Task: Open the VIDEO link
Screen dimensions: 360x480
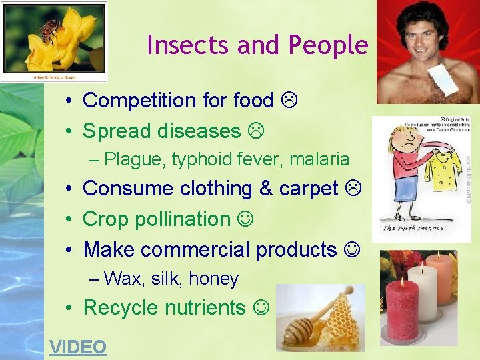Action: [x=78, y=347]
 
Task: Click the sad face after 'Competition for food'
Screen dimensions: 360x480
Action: [x=289, y=101]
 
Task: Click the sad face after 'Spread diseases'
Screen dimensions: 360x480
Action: [x=255, y=131]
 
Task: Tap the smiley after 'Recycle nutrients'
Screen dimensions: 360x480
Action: [x=262, y=307]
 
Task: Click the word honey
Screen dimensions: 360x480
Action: [x=214, y=279]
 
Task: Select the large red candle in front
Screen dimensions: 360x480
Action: [x=402, y=310]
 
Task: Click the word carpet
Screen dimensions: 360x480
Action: [x=308, y=189]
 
